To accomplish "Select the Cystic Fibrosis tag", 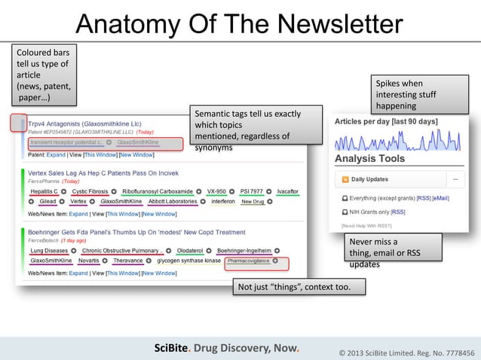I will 90,191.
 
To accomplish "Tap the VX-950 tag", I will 216,191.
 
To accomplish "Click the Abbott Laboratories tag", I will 173,202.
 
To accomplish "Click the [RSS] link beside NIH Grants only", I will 397,212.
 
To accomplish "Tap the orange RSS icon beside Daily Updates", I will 345,179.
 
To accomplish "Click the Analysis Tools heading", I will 369,159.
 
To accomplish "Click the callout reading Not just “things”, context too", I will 299,287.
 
